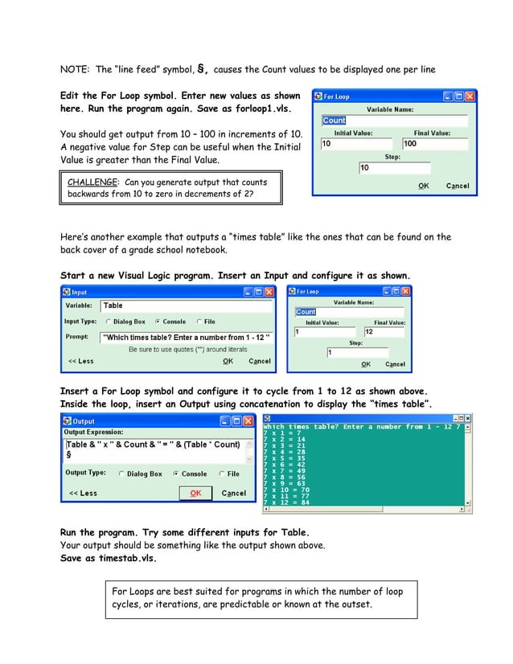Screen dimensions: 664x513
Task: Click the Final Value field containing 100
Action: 434,144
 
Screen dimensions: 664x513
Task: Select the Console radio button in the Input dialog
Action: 158,322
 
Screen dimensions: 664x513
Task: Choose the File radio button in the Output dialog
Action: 223,474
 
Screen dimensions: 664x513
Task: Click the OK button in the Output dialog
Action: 195,493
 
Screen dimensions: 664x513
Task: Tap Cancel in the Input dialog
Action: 259,361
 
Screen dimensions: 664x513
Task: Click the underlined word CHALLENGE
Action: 90,182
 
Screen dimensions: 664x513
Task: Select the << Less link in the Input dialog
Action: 80,361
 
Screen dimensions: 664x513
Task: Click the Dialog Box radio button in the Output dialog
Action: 122,474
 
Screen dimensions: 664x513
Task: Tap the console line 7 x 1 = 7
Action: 283,433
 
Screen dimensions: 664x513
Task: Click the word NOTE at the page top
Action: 74,69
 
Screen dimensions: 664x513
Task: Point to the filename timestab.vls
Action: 129,558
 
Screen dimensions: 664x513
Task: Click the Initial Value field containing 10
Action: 354,144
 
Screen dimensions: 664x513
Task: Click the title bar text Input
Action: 80,292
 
